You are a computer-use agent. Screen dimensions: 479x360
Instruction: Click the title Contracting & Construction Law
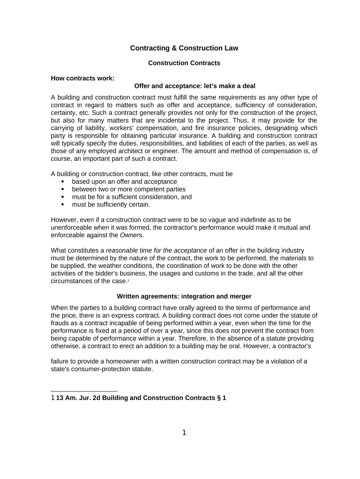coord(184,48)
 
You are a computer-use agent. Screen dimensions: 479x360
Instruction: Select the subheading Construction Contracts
coord(184,63)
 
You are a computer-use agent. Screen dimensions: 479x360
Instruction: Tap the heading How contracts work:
coord(82,78)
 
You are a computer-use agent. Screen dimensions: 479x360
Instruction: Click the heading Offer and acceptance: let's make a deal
coord(194,86)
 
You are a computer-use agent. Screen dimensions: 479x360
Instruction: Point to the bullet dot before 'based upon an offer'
coord(63,181)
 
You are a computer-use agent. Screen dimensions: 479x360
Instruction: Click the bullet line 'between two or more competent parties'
coord(129,189)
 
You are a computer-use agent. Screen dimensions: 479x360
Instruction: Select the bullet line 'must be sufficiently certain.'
coord(111,204)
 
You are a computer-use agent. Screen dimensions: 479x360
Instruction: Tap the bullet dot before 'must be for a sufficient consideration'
coord(63,197)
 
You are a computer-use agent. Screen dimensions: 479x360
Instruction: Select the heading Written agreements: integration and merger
coord(184,297)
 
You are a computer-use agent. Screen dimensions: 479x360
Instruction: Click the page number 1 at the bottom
coord(184,433)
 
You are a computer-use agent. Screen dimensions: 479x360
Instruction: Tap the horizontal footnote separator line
coord(84,391)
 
